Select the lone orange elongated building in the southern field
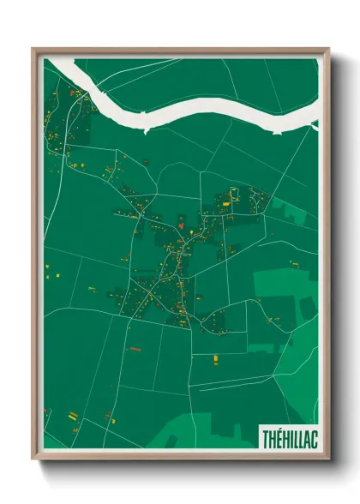[134, 349]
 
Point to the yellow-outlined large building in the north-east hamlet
[226, 205]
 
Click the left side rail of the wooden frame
[35, 257]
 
